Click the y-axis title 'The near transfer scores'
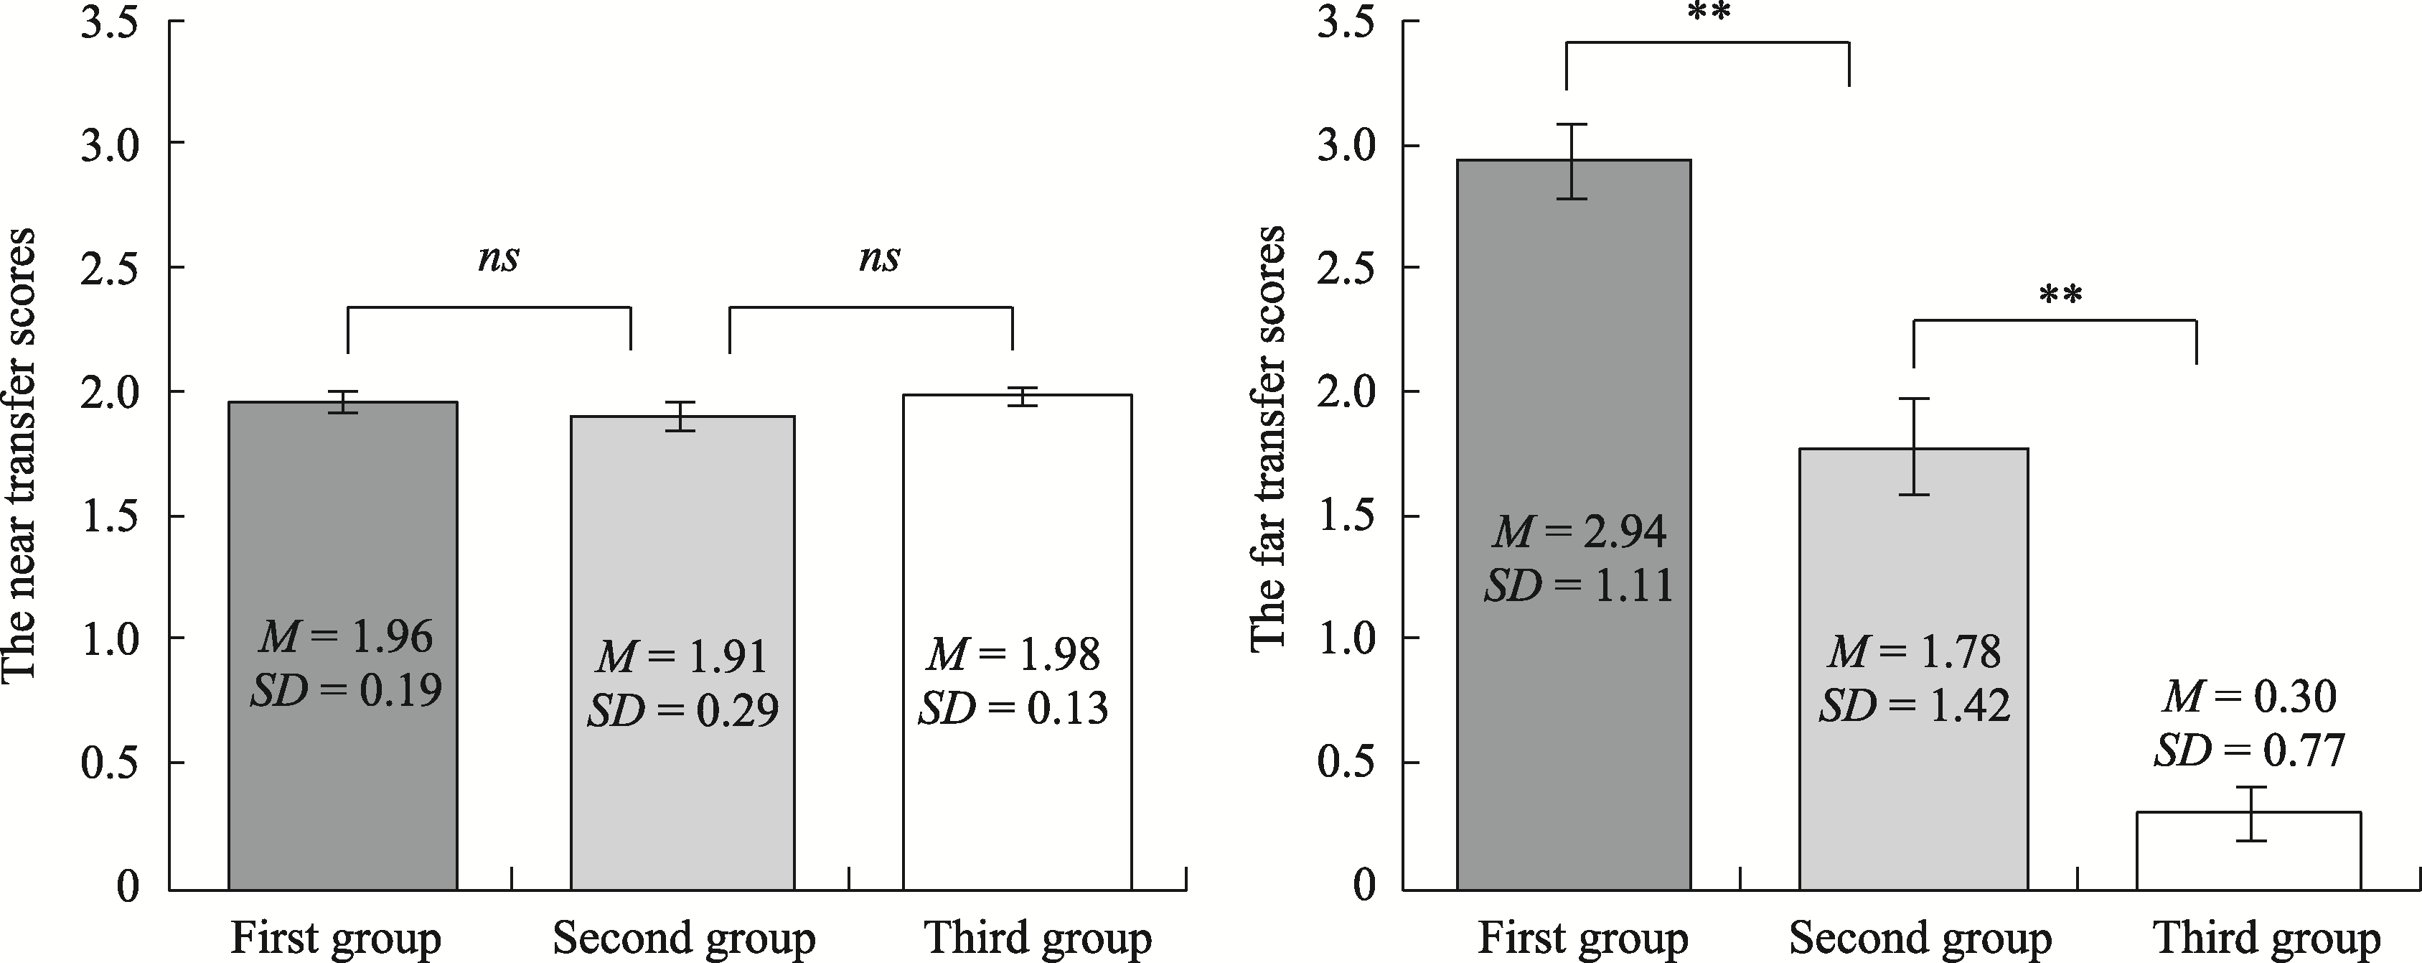(19, 452)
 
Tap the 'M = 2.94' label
(1580, 532)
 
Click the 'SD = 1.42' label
(1915, 705)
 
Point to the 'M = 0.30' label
(2250, 697)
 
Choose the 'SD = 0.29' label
(682, 710)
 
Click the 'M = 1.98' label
(1013, 653)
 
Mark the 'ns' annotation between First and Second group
(498, 259)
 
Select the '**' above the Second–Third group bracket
(2061, 297)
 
